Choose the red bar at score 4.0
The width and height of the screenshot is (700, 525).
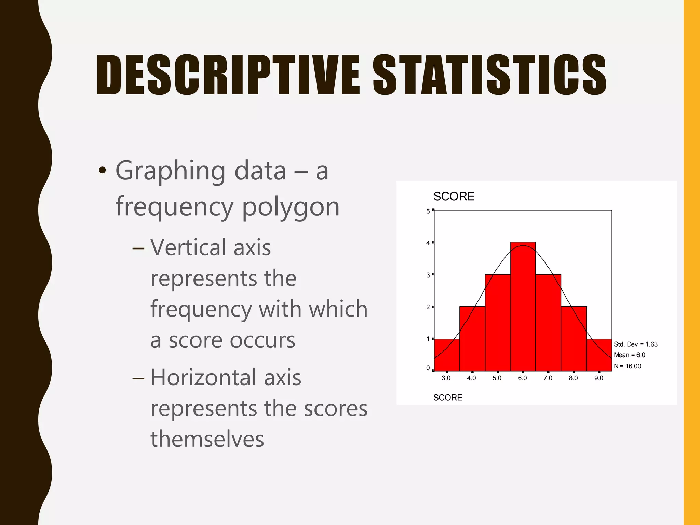tap(472, 338)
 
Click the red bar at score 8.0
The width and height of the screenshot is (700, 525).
tap(574, 338)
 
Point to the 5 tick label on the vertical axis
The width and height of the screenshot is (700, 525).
tap(428, 211)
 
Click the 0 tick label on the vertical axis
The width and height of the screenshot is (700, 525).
tap(428, 368)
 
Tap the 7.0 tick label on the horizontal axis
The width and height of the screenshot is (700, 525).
tap(548, 378)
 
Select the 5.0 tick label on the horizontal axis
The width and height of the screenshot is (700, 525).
tap(497, 378)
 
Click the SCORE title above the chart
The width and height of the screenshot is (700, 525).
tap(454, 197)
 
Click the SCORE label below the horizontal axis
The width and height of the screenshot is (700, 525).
tap(448, 398)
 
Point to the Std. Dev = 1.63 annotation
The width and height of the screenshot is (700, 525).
tap(636, 344)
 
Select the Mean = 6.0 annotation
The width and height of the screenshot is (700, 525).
tap(630, 355)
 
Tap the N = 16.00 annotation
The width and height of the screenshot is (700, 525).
tap(628, 366)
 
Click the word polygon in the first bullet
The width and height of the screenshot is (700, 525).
tap(291, 207)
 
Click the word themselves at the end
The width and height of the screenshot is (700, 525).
tap(207, 439)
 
